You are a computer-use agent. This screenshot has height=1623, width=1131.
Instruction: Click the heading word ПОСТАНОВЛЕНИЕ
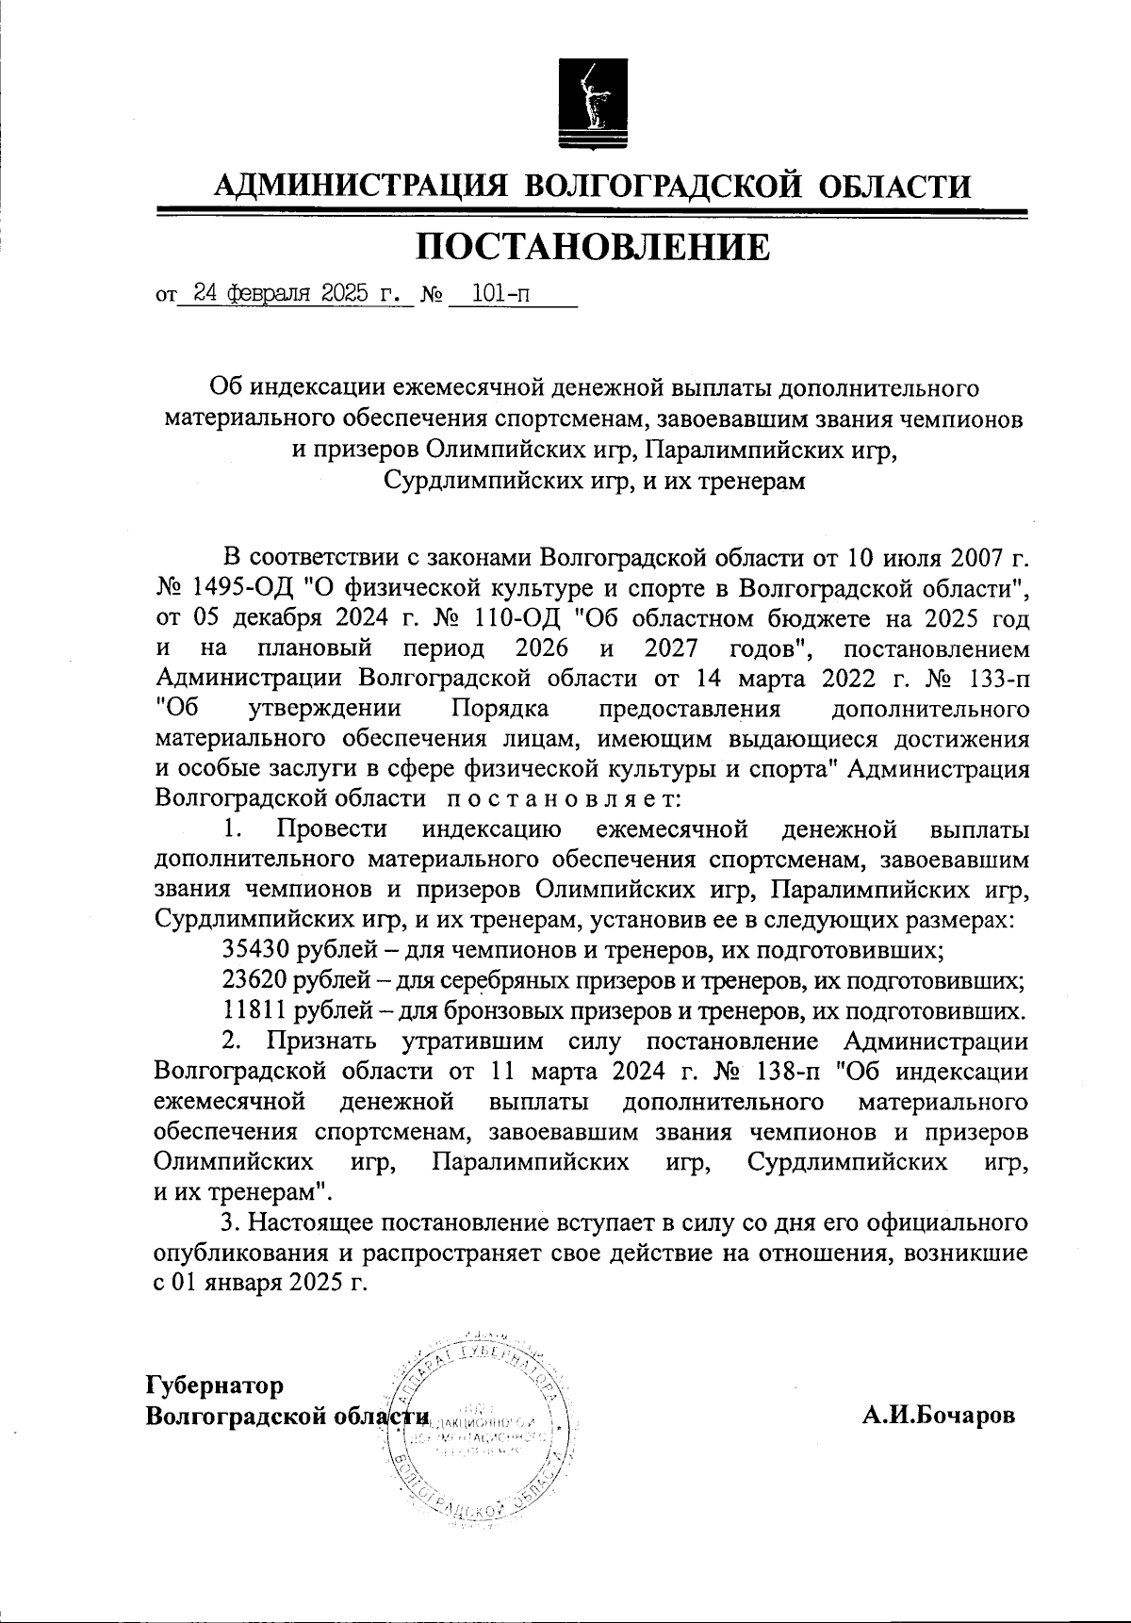click(593, 247)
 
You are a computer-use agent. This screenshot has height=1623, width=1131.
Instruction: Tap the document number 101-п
click(500, 294)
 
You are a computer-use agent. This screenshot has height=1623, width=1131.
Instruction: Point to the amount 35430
click(254, 949)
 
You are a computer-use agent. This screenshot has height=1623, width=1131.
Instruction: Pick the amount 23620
click(254, 980)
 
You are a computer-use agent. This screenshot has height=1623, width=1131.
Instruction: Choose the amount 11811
click(254, 1011)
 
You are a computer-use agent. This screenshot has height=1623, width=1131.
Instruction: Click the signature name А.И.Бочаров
click(939, 1416)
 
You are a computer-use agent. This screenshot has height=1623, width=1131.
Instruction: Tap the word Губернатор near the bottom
click(214, 1385)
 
